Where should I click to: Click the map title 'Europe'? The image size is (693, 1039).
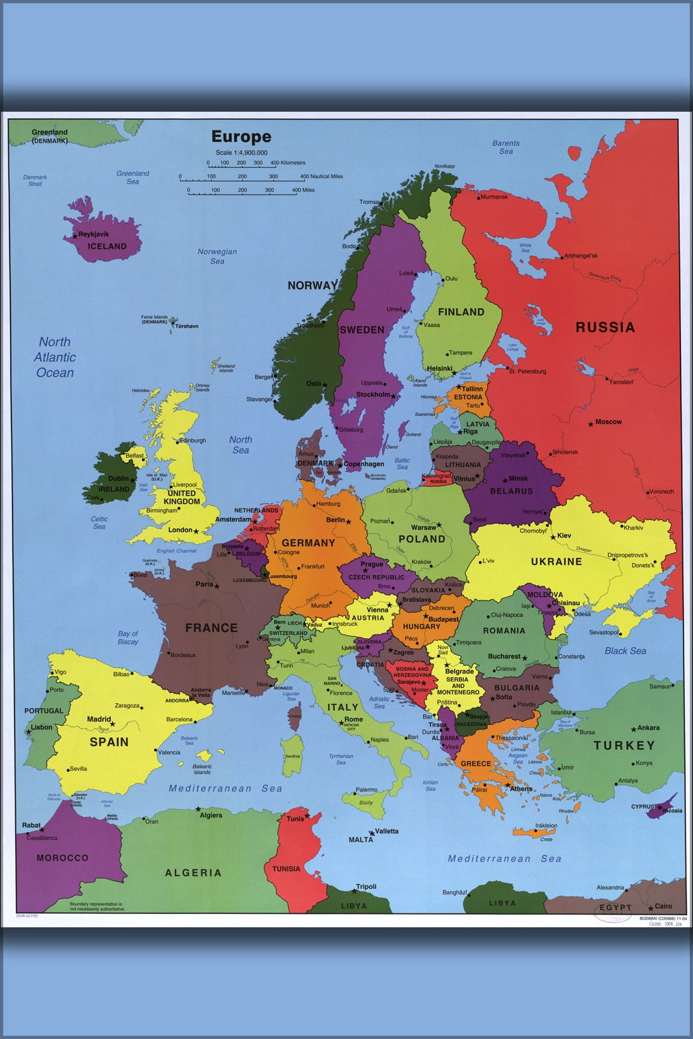[x=241, y=136]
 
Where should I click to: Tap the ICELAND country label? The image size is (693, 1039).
[x=107, y=246]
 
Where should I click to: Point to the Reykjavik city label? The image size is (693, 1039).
[x=93, y=234]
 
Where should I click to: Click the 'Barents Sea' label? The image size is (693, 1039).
[x=506, y=147]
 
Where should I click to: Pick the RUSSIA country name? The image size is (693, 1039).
[x=605, y=327]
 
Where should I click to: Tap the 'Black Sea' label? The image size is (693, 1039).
[x=625, y=651]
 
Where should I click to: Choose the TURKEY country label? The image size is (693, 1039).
[x=624, y=745]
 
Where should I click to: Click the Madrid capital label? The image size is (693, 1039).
[x=99, y=719]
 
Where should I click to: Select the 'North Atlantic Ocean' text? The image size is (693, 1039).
[x=55, y=357]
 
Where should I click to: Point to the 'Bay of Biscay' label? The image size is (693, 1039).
[x=127, y=638]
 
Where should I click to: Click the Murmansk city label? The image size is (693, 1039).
[x=494, y=197]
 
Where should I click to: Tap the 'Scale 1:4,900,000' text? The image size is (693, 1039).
[x=241, y=153]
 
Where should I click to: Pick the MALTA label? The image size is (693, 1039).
[x=360, y=840]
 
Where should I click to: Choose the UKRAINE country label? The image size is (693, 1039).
[x=556, y=561]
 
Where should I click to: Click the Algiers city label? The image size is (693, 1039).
[x=211, y=815]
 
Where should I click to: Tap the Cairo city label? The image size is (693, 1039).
[x=663, y=906]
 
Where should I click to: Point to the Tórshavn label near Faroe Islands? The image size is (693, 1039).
[x=187, y=326]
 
